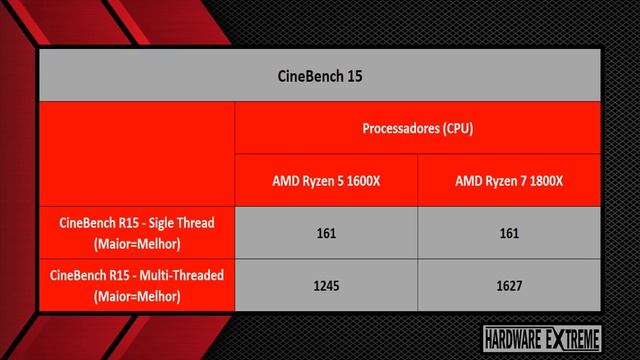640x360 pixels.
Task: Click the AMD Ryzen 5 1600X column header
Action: coord(326,181)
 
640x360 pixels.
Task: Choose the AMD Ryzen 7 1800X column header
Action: coord(509,181)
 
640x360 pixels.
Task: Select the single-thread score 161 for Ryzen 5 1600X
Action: coord(326,233)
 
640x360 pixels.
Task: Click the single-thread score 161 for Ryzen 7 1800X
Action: coord(509,233)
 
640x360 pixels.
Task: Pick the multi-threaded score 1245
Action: coord(326,286)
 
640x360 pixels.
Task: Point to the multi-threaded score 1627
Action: coord(509,286)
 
